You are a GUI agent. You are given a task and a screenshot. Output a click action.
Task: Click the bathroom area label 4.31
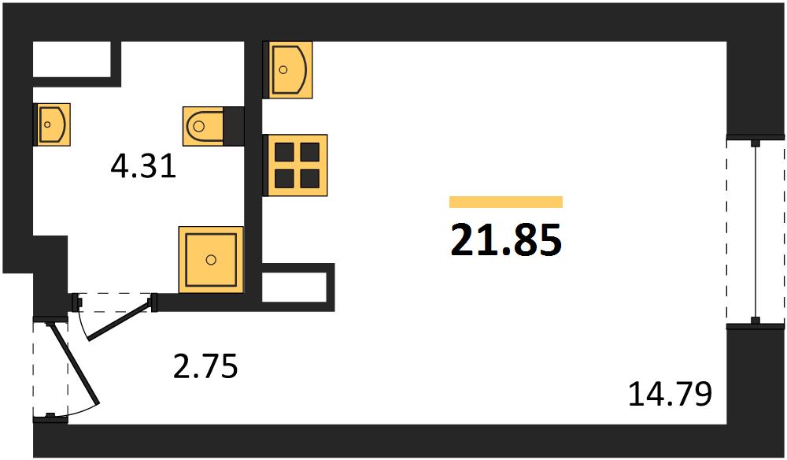tap(143, 167)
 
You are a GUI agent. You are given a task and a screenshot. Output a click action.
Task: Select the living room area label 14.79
tap(670, 394)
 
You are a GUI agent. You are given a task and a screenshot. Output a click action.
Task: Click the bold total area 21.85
tap(506, 239)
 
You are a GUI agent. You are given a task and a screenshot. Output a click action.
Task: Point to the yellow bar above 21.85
tap(506, 202)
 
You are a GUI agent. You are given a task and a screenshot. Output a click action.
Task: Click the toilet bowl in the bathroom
tap(203, 126)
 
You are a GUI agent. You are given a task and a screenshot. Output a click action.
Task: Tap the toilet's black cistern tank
tap(234, 126)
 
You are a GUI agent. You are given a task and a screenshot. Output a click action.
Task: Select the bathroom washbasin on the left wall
tap(52, 124)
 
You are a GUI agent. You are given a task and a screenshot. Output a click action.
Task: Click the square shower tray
tap(211, 260)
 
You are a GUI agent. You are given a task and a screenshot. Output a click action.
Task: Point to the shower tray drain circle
tap(211, 260)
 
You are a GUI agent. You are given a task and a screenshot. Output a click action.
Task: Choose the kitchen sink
tap(287, 70)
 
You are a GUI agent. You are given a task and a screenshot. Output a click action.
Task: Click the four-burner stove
tap(296, 165)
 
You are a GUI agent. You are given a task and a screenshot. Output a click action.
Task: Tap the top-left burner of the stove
tap(284, 152)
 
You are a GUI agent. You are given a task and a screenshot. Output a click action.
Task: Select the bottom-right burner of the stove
tap(309, 179)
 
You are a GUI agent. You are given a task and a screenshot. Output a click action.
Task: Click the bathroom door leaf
tap(120, 319)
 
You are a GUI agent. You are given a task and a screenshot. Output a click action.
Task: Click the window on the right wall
tap(756, 232)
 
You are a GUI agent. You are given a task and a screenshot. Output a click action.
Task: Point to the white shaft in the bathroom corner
tap(72, 59)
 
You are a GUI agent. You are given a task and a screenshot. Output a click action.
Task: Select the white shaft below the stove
tap(294, 287)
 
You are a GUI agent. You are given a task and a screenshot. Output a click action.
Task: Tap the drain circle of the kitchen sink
tap(283, 70)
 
